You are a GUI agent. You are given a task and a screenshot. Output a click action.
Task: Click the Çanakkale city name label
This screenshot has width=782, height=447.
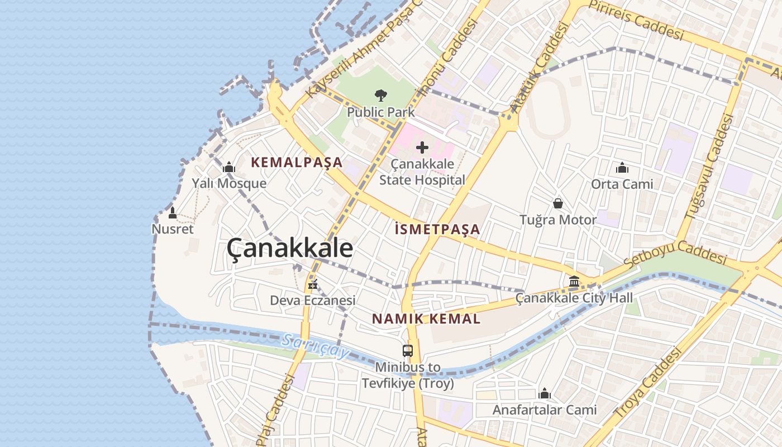click(290, 249)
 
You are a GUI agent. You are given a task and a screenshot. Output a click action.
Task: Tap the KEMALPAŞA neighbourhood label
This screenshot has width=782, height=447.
click(297, 163)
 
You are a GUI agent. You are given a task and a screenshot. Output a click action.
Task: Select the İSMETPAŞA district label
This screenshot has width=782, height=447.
click(437, 229)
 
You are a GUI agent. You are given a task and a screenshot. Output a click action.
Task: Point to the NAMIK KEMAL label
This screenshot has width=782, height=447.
click(426, 319)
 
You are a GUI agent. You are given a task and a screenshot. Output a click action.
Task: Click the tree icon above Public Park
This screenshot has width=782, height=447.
click(381, 95)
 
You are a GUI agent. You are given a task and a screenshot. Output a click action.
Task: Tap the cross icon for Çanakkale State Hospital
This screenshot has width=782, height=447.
click(422, 148)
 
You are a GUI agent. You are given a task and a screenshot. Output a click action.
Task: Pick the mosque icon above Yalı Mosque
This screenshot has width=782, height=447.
click(229, 167)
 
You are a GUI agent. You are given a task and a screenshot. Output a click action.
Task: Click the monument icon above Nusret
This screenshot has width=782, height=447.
click(173, 213)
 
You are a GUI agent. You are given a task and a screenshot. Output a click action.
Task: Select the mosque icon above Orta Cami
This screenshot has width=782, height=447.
click(622, 168)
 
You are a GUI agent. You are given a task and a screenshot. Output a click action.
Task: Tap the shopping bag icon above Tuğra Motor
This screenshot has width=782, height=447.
click(557, 203)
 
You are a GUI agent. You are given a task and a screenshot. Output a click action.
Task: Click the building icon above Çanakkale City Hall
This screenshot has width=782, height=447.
click(574, 282)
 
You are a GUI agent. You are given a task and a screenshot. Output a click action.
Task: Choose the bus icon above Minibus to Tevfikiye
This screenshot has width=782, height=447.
click(408, 351)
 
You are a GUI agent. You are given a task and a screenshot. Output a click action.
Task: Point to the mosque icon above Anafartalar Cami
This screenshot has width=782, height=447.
click(545, 393)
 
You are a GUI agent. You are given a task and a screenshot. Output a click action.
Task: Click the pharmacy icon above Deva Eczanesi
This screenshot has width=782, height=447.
click(313, 284)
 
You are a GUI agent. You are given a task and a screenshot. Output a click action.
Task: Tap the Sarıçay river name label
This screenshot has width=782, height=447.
click(315, 346)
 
